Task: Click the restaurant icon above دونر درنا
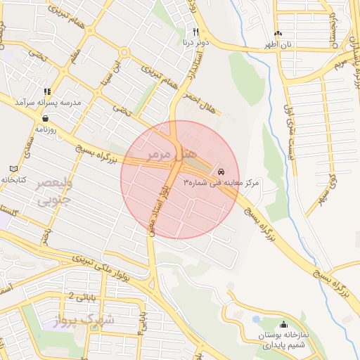pyautogui.click(x=195, y=32)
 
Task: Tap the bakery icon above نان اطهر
pyautogui.click(x=278, y=33)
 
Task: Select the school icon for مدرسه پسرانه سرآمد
pyautogui.click(x=47, y=91)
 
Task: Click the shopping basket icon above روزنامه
pyautogui.click(x=36, y=119)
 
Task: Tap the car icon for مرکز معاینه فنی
pyautogui.click(x=221, y=172)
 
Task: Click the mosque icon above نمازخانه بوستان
pyautogui.click(x=283, y=324)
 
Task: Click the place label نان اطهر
pyautogui.click(x=278, y=44)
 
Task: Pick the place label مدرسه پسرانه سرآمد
pyautogui.click(x=58, y=103)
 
